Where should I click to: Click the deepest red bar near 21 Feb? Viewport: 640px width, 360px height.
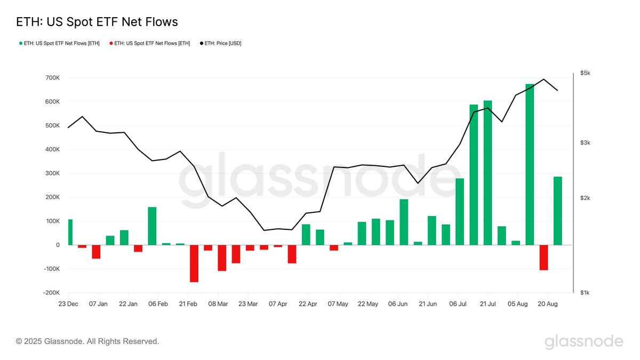pos(194,263)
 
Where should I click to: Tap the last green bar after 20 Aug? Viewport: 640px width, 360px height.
pos(558,211)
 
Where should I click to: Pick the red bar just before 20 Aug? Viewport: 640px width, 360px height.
pos(543,258)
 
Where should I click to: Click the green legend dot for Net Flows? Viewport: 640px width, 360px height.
pos(20,43)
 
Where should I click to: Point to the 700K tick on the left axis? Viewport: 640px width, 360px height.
pos(52,78)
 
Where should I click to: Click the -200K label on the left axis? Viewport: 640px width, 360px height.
pos(51,293)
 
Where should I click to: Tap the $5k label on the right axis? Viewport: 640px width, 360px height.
pos(585,73)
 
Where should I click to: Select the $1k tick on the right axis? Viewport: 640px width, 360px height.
pos(585,293)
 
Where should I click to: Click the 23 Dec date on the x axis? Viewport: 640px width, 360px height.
pos(68,303)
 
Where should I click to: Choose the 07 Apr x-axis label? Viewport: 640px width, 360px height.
pos(278,303)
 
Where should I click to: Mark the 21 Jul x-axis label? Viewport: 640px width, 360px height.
pos(487,303)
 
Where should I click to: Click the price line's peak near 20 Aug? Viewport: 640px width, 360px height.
pos(543,79)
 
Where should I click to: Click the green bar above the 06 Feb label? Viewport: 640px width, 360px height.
pos(152,226)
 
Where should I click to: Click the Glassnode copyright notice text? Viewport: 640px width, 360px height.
pos(87,341)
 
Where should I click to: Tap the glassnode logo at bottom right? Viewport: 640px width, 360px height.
pos(583,341)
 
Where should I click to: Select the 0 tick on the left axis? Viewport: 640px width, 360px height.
pos(57,245)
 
